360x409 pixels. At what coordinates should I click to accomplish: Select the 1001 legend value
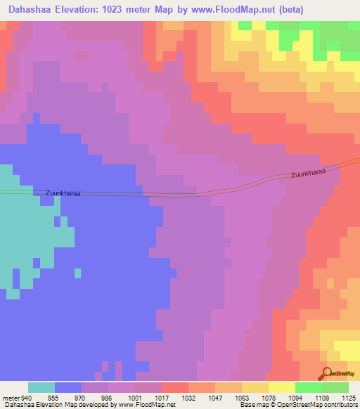(135, 397)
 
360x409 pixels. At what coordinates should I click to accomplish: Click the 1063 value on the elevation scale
(243, 397)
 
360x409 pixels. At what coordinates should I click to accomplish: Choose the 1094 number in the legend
(296, 397)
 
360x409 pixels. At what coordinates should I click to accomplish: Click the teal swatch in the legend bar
(41, 387)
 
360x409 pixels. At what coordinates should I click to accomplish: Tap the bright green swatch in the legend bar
(309, 387)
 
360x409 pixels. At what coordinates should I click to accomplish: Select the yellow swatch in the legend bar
(282, 387)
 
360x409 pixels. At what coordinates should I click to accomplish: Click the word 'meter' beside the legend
(9, 397)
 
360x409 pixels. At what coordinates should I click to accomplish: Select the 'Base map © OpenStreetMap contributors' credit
(297, 405)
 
